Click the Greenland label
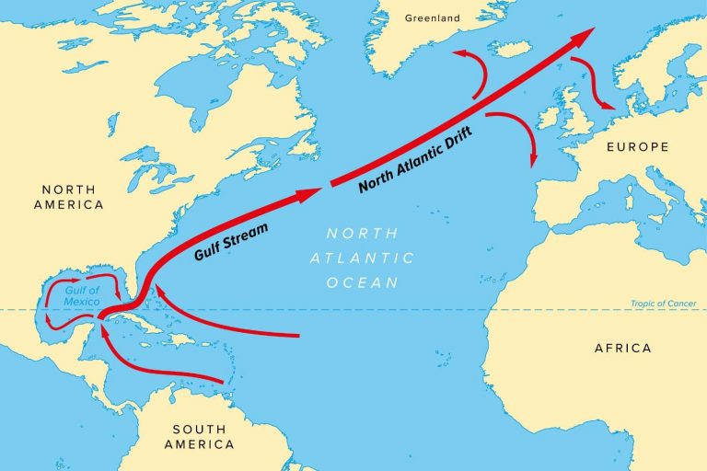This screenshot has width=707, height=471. (x=433, y=16)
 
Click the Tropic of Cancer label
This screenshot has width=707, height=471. (x=663, y=304)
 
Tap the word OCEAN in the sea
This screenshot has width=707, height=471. (x=363, y=282)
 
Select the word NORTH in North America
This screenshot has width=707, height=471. (x=68, y=189)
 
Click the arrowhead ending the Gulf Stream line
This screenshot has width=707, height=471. (x=311, y=192)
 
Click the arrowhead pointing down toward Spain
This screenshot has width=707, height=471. (x=533, y=161)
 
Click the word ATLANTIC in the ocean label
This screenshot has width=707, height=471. (x=363, y=258)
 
